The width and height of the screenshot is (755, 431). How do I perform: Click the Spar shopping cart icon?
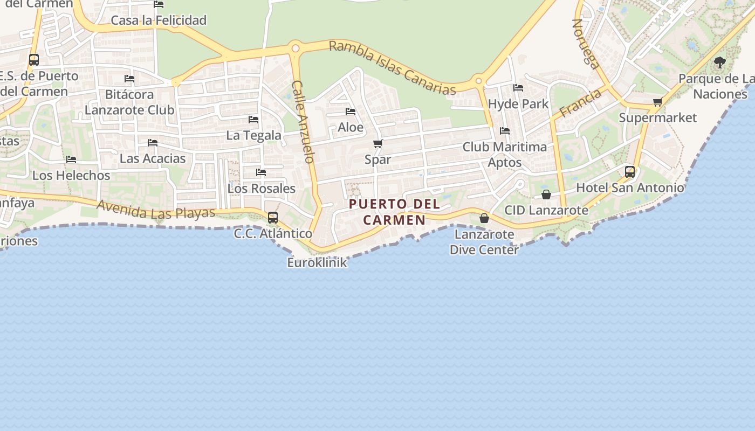(378, 143)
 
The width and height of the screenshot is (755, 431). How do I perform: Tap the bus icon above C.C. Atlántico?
(273, 218)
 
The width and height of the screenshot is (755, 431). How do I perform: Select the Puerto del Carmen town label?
(394, 212)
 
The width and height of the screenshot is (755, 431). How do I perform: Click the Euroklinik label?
(317, 263)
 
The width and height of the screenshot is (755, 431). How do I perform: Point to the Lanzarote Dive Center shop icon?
(484, 218)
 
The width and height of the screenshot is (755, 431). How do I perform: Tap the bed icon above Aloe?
(351, 112)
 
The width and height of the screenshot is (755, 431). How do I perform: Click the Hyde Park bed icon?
(518, 88)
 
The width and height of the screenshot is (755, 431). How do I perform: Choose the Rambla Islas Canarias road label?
(393, 67)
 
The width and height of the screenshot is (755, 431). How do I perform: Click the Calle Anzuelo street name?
(303, 122)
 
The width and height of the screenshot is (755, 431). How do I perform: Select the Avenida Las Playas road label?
(156, 210)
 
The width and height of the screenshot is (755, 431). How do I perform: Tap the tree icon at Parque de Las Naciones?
(719, 62)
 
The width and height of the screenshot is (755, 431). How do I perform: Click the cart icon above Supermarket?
(657, 102)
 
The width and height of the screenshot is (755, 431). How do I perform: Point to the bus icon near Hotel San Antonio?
(630, 172)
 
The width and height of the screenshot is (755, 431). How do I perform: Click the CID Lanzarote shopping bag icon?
(546, 194)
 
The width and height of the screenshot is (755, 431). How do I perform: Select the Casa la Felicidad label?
(159, 20)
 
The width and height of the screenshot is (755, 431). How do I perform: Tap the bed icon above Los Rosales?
(261, 173)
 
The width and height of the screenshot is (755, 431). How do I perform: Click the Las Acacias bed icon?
(153, 143)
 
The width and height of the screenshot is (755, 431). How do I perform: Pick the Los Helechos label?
(71, 176)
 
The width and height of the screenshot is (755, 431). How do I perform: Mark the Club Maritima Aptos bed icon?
(505, 131)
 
